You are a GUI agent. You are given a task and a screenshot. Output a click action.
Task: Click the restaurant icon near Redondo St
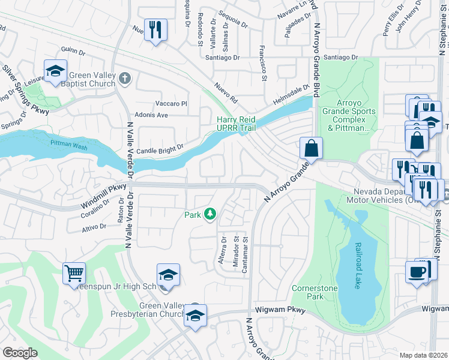(155, 29)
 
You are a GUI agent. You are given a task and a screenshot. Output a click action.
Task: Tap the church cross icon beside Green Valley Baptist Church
(124, 78)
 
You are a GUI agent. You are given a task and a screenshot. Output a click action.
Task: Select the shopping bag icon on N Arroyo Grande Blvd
(312, 148)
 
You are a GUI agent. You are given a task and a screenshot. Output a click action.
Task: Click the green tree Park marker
(209, 214)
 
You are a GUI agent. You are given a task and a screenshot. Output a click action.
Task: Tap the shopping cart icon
(74, 273)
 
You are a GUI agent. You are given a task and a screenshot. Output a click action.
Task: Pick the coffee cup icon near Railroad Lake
(417, 272)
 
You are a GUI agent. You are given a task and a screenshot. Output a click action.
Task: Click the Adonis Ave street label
(153, 115)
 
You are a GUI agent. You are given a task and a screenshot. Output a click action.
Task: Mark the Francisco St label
(262, 63)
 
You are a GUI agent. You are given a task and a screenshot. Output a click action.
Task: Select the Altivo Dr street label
(94, 227)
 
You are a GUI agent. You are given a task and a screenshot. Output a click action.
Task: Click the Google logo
(20, 352)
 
